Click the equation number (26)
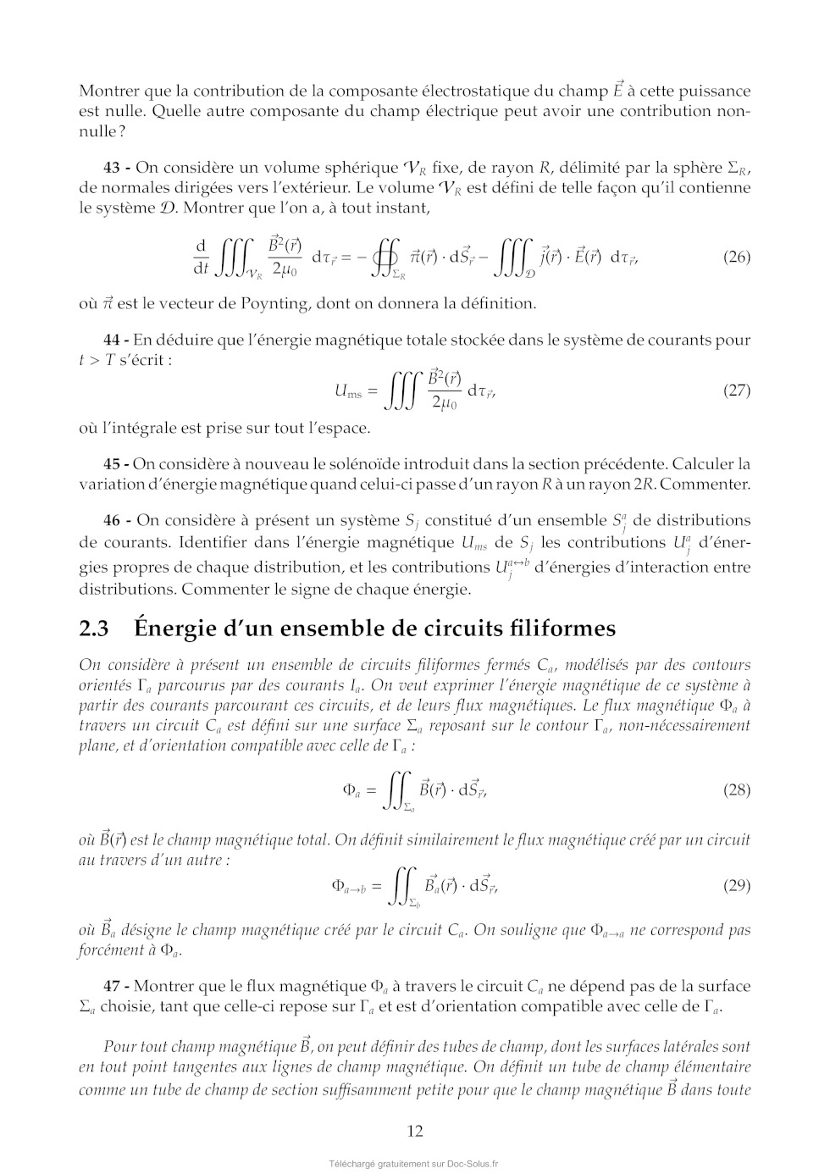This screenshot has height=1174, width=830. [x=736, y=257]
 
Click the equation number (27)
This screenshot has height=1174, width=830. [x=736, y=390]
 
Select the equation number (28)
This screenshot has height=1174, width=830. [x=736, y=790]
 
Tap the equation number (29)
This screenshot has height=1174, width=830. [x=736, y=886]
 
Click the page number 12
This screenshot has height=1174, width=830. [x=415, y=1131]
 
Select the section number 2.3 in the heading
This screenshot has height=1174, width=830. [x=94, y=629]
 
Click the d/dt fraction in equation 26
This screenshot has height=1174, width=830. [x=201, y=257]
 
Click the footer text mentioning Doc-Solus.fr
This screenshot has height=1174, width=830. [x=414, y=1164]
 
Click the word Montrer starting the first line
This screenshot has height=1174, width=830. [x=111, y=91]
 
